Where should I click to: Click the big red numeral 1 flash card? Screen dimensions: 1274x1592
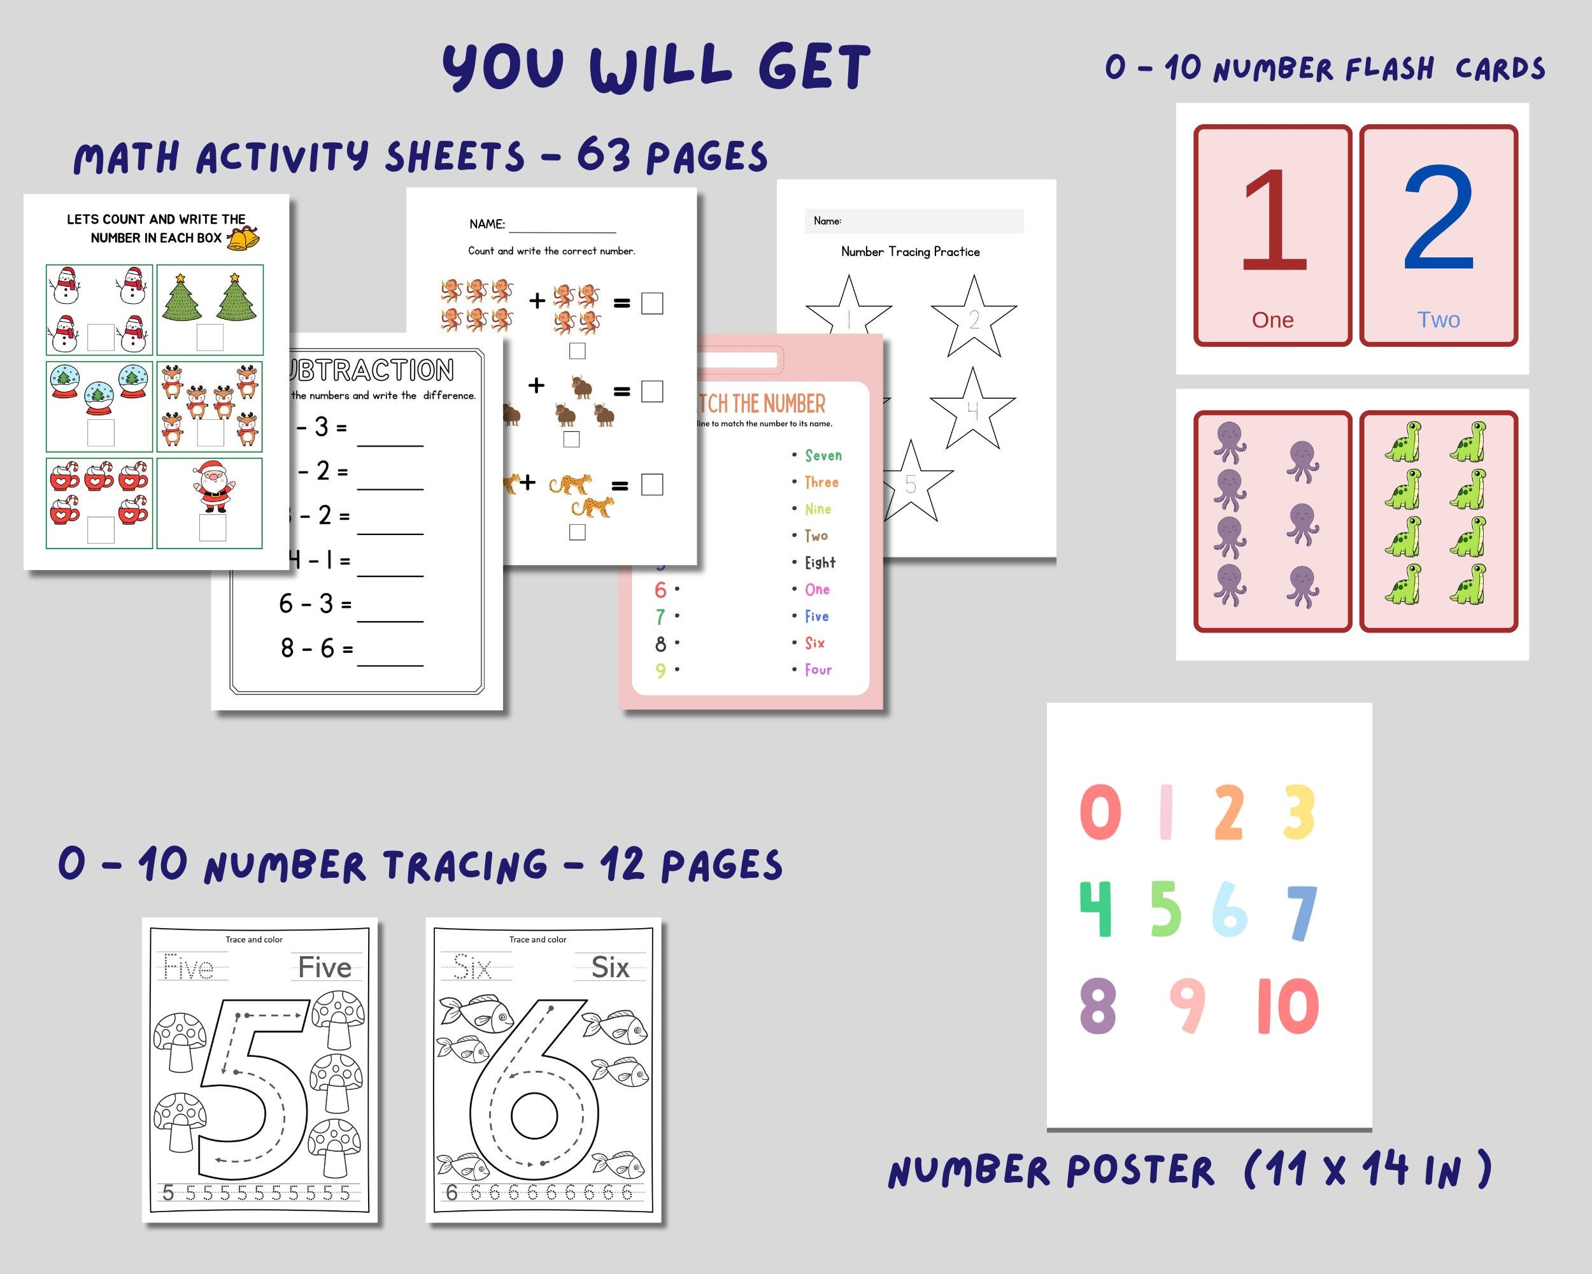(x=1273, y=222)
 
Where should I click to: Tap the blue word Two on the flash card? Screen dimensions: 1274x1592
(x=1438, y=320)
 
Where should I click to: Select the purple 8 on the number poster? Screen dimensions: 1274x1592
(x=1097, y=1005)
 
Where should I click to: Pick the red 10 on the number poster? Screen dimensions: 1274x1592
(x=1287, y=1005)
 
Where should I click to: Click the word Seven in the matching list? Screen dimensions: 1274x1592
(x=823, y=455)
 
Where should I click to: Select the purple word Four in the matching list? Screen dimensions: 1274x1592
(x=818, y=670)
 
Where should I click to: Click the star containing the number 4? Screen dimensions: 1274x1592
(x=972, y=410)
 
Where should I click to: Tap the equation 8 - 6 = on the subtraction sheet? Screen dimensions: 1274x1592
(x=316, y=648)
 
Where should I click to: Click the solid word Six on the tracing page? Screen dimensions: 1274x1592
(x=610, y=968)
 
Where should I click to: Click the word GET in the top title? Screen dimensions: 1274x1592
(x=814, y=68)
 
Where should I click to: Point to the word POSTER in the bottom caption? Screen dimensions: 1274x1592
(x=1139, y=1171)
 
